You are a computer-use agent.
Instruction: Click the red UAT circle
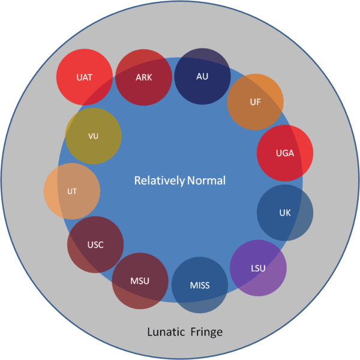[x=85, y=77]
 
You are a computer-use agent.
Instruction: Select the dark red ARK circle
[x=144, y=77]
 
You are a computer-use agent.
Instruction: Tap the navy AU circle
[x=203, y=76]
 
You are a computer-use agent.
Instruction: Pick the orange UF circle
[x=256, y=102]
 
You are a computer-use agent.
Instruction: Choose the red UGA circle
[x=285, y=153]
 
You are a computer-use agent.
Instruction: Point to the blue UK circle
[x=285, y=212]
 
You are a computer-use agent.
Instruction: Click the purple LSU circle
[x=258, y=268]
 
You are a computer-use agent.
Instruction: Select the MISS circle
[x=200, y=285]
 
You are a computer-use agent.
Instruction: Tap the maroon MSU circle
[x=140, y=281]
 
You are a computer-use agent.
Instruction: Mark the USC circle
[x=95, y=245]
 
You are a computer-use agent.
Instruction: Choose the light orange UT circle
[x=72, y=191]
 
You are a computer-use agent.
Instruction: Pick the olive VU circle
[x=94, y=136]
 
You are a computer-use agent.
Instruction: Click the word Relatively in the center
[x=160, y=181]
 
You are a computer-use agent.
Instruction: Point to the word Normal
[x=206, y=181]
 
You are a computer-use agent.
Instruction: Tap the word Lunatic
[x=166, y=332]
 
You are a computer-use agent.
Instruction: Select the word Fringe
[x=206, y=332]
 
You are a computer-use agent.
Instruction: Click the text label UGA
[x=285, y=153]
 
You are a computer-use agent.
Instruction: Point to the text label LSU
[x=258, y=268]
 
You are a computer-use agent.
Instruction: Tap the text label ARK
[x=144, y=77]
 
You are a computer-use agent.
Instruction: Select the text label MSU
[x=140, y=281]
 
